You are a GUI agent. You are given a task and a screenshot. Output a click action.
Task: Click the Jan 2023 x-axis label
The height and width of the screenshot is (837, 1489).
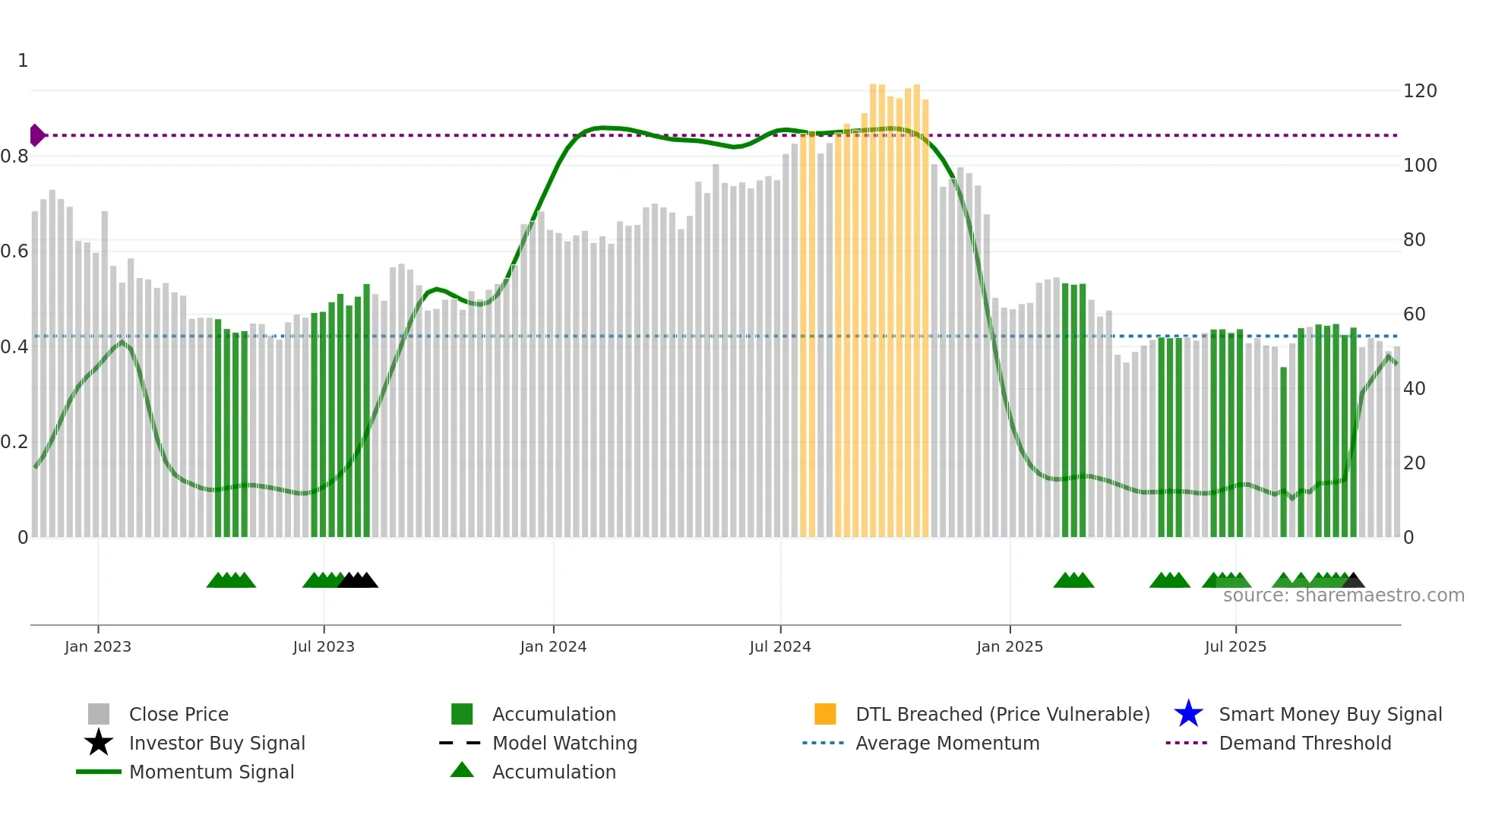pos(97,647)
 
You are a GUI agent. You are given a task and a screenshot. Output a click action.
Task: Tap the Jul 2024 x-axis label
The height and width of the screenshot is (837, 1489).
pos(780,647)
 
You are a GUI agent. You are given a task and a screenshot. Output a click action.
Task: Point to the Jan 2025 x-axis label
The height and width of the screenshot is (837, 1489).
pos(1010,647)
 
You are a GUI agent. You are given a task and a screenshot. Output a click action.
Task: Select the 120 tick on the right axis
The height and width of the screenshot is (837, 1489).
pos(1420,91)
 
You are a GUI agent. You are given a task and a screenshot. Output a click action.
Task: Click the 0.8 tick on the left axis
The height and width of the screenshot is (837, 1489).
pos(14,156)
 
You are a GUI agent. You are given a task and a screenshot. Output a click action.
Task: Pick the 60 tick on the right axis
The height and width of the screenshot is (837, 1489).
pos(1415,314)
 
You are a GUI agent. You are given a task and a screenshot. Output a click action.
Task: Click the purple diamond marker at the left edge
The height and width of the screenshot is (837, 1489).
pos(36,135)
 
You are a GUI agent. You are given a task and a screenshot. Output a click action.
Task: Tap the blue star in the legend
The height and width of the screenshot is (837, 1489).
pos(1188,714)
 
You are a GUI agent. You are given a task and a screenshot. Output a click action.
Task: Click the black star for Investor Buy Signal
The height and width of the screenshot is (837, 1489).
pos(99,743)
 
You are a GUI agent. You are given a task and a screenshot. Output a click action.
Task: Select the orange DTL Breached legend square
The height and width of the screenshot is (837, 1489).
pos(825,714)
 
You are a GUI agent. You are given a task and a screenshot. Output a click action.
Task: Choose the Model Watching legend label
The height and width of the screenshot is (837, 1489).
pos(564,743)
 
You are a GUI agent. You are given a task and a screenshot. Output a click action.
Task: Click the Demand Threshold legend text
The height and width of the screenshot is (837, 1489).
pos(1304,743)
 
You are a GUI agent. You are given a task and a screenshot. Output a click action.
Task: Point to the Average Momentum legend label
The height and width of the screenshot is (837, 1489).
pos(947,743)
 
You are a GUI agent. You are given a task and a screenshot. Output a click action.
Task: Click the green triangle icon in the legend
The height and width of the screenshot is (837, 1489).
pos(462,771)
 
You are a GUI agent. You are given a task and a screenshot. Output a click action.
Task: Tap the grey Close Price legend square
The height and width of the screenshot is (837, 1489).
pos(99,714)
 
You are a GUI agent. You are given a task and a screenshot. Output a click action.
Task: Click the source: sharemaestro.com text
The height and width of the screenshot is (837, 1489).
pos(1343,595)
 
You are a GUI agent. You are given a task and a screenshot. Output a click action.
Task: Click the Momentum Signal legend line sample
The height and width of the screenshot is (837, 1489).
pos(99,772)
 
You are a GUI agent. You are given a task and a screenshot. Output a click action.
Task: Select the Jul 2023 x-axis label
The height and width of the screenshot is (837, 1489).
pos(324,647)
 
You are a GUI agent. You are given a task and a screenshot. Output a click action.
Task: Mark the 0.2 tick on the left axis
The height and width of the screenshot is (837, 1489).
pos(14,442)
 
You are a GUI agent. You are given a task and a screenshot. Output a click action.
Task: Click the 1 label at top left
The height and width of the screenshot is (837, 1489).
pos(23,61)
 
